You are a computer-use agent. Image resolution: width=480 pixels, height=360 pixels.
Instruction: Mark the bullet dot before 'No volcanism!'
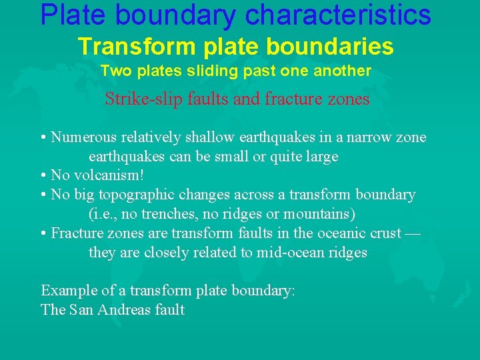tap(43, 176)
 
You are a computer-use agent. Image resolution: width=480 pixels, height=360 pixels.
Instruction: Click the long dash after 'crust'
tap(411, 234)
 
